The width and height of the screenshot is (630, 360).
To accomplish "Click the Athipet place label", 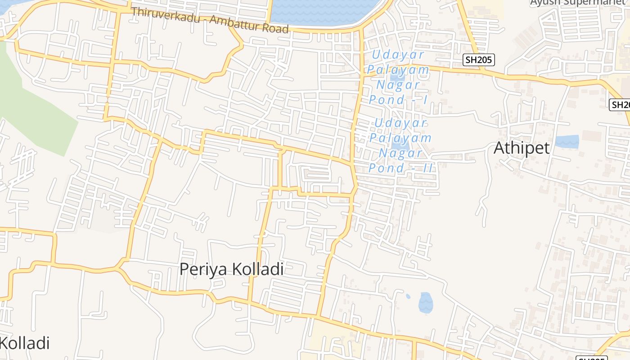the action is coord(522,148).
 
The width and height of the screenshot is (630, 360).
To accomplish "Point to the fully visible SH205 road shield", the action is coord(479,59).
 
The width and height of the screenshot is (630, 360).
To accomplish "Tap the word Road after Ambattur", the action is coord(274,28).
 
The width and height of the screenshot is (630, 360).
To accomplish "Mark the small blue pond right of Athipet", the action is coord(567,141).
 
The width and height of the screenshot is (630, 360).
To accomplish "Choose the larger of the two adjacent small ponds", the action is coord(425,302).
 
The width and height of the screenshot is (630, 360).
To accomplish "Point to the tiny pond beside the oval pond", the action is coord(408,296).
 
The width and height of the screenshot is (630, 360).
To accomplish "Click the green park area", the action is coord(31,103).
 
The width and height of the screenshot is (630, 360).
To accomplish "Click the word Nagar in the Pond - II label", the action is coord(400,153).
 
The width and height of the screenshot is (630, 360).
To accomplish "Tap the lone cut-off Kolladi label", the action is coord(25,343).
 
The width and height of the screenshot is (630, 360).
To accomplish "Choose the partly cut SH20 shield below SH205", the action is coord(620,105).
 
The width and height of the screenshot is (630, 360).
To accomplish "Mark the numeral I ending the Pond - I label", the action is coord(425,100).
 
